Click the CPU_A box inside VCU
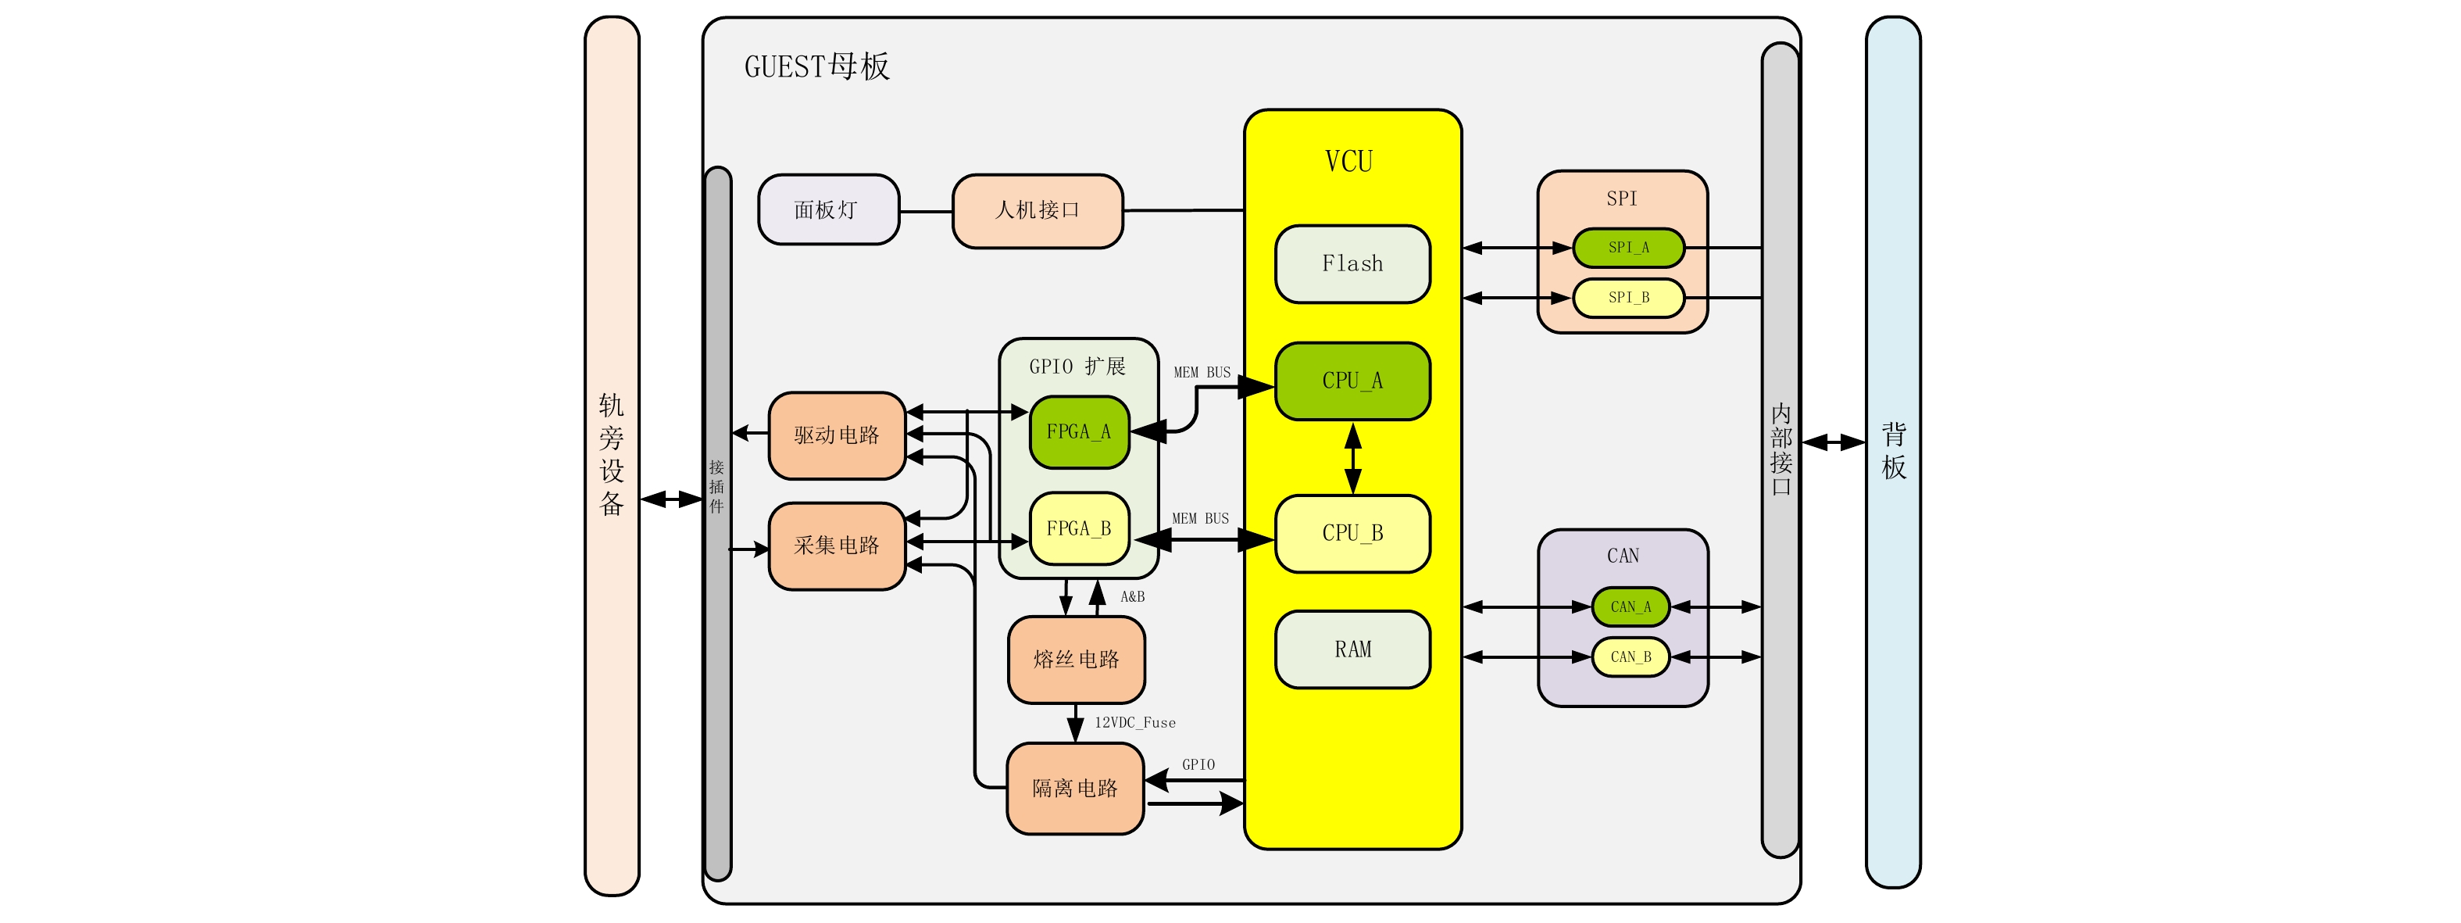tap(1352, 381)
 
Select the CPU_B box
tap(1352, 533)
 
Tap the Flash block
tap(1352, 263)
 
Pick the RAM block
tap(1352, 649)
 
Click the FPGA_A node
tap(1079, 432)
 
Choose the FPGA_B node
tap(1079, 528)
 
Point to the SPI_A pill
tap(1628, 248)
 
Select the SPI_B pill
tap(1628, 297)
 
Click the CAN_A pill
tap(1630, 606)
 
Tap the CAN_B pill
tap(1630, 657)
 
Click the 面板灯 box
tap(827, 209)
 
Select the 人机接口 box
tap(1038, 210)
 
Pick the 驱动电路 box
tap(836, 435)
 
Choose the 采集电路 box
tap(836, 546)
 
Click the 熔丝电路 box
tap(1076, 660)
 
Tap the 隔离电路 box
tap(1075, 789)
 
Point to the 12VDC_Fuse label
tap(1135, 723)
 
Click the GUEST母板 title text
tap(817, 67)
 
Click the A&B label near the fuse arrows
tap(1132, 597)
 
